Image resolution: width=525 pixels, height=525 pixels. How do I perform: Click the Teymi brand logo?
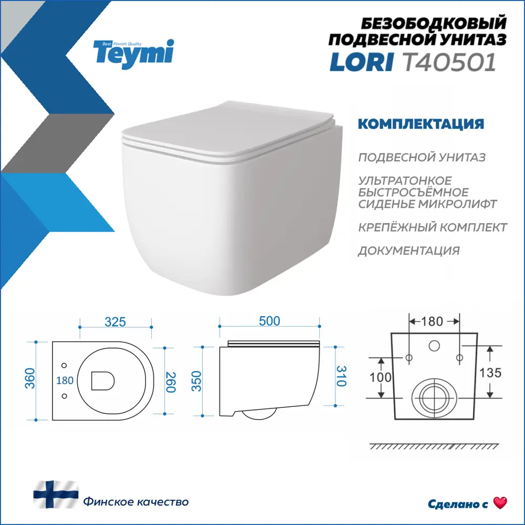coord(133,52)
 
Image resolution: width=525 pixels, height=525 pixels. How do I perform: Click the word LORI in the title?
coord(362,62)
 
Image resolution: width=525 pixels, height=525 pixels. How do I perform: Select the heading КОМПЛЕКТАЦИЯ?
coord(420,124)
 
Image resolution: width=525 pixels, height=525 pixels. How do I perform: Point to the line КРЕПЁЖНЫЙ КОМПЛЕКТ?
coord(433,227)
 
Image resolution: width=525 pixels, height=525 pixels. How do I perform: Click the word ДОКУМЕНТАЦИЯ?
coord(409,250)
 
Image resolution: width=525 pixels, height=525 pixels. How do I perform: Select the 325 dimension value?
coord(115,322)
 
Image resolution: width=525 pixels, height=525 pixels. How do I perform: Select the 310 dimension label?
coord(341,376)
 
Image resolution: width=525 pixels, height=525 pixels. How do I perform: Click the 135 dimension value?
coord(491,373)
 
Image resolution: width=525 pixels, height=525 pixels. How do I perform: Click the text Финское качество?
coord(135,502)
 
